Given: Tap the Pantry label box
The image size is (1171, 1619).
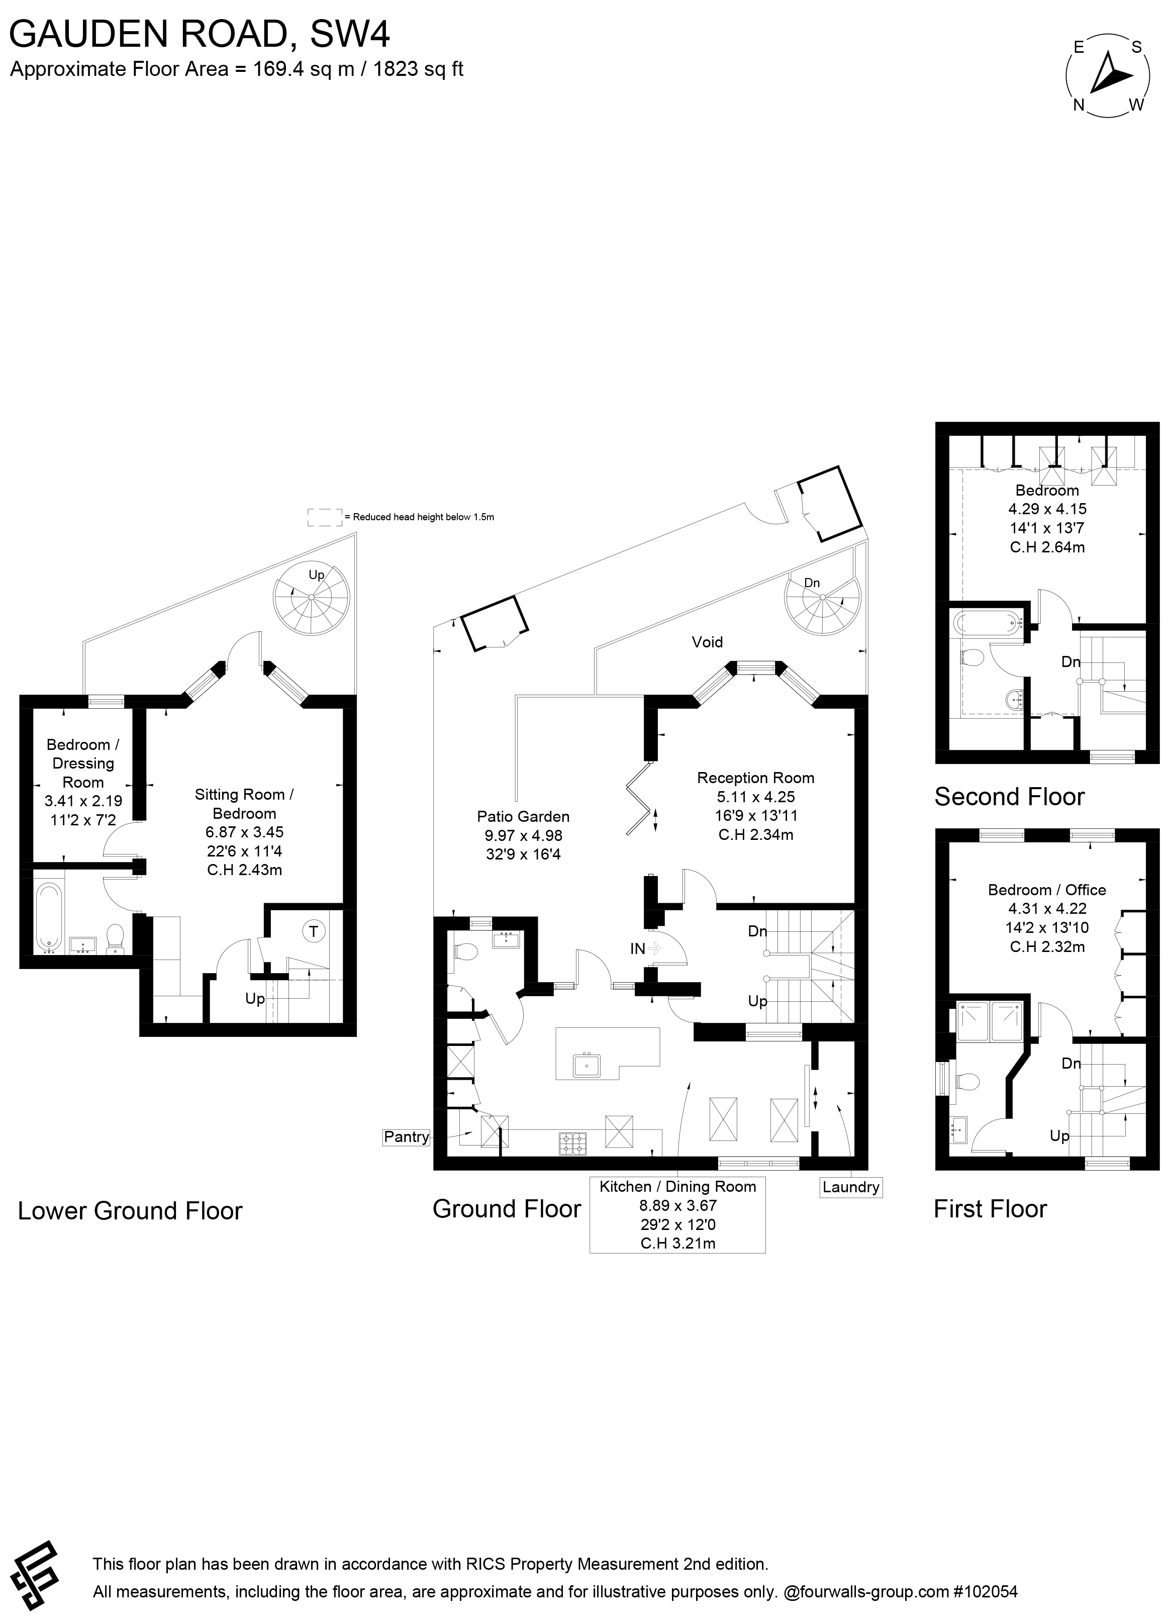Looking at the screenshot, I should click(x=406, y=1136).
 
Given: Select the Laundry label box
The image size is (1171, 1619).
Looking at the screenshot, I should click(x=850, y=1187).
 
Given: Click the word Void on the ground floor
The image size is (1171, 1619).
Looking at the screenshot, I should click(x=707, y=642).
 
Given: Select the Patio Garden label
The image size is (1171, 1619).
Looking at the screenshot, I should click(x=523, y=817).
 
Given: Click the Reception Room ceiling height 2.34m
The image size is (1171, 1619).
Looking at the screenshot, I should click(x=756, y=834).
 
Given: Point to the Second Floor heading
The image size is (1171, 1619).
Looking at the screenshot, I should click(x=1009, y=797).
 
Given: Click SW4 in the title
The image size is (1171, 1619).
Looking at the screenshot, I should click(x=350, y=34).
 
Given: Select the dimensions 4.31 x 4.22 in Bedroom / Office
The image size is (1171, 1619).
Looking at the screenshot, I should click(x=1047, y=909).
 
